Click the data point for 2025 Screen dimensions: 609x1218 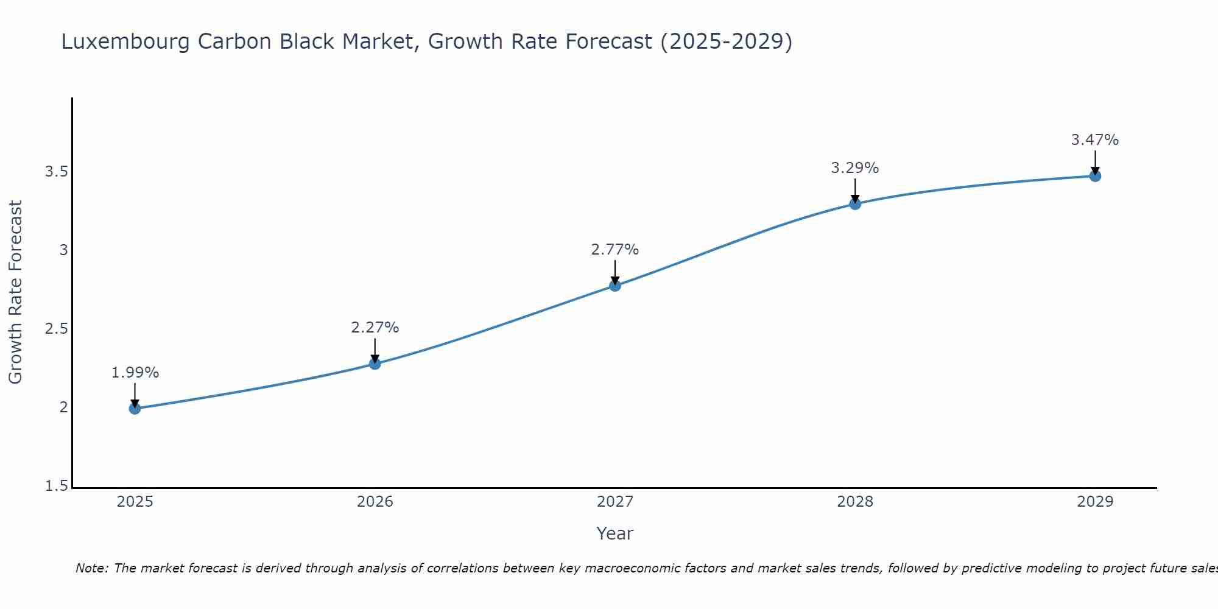[x=135, y=408]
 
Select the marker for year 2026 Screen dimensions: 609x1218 [x=375, y=364]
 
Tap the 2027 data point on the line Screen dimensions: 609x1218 [x=615, y=285]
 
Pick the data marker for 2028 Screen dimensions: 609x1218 [x=855, y=203]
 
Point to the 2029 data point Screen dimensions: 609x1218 [x=1095, y=176]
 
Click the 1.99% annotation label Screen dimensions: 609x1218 [x=135, y=373]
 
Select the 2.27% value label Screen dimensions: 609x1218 [x=375, y=328]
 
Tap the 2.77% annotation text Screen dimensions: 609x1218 [x=615, y=250]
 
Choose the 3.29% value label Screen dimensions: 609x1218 [x=855, y=168]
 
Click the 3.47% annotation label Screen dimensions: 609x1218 [x=1095, y=140]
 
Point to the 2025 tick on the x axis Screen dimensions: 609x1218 [x=135, y=502]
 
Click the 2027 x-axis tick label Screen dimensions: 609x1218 [x=615, y=502]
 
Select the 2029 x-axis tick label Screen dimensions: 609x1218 [x=1095, y=502]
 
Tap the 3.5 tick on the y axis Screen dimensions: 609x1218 [x=56, y=172]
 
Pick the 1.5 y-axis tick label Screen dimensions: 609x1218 [x=56, y=486]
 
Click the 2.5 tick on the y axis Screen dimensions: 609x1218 [x=56, y=329]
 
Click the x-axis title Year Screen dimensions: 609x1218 [x=615, y=533]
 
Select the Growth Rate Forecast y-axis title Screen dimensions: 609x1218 [x=16, y=292]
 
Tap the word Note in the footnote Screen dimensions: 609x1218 [x=91, y=568]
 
